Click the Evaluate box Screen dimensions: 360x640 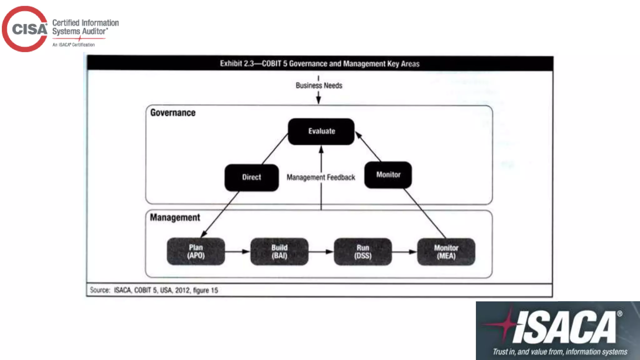[321, 131]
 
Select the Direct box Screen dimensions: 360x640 [252, 177]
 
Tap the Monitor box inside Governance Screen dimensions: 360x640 [388, 175]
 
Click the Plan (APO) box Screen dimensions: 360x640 [196, 252]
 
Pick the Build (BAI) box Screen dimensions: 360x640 [279, 252]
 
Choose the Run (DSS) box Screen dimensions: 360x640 [363, 252]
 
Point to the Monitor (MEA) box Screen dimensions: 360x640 [446, 252]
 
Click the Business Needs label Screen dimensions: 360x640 [319, 85]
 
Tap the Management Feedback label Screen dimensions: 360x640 [321, 177]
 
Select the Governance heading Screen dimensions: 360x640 [173, 112]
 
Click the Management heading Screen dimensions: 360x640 [175, 217]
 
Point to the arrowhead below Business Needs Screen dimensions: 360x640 [318, 100]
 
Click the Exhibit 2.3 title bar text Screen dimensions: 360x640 [320, 64]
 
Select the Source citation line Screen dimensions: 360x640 [154, 290]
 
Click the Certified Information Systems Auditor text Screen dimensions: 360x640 [85, 27]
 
